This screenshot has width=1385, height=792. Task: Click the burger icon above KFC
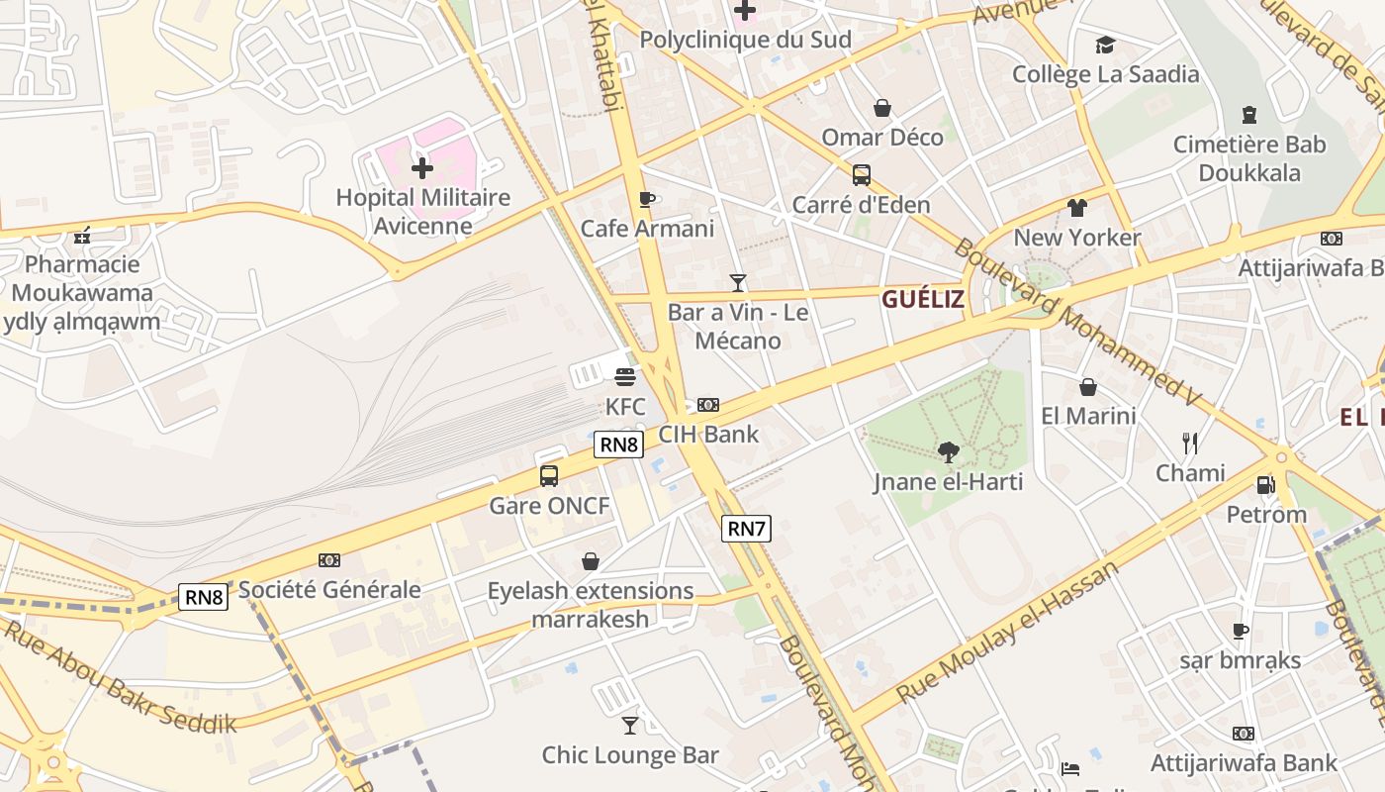pos(624,376)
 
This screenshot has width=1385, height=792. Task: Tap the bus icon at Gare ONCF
pos(549,476)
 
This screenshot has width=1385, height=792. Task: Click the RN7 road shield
pos(746,529)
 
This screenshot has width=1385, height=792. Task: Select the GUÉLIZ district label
pos(922,299)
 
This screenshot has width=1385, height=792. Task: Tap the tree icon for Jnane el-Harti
pos(949,452)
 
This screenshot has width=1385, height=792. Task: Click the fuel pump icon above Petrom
pos(1265,485)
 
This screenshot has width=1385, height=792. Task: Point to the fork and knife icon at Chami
pos(1190,443)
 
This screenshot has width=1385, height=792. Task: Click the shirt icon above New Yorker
pos(1077,208)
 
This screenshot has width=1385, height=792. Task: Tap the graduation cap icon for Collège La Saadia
pos(1105,45)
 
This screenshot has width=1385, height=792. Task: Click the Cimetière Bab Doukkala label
pos(1249,158)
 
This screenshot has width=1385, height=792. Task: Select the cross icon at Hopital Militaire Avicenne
pos(422,168)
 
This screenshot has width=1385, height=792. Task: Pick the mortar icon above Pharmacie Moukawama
pos(83,236)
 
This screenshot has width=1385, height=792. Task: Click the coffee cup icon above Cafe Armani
pos(647,200)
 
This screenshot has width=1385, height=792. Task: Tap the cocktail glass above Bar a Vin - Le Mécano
pos(738,283)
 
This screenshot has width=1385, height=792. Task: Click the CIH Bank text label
pos(709,434)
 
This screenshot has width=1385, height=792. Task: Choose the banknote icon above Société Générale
pos(329,560)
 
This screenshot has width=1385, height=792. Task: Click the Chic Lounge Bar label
pos(630,755)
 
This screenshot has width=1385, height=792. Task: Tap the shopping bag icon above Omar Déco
pos(882,108)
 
